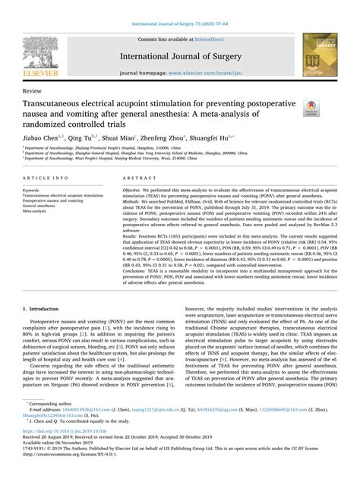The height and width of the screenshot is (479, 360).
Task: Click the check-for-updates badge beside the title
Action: pyautogui.click(x=311, y=106)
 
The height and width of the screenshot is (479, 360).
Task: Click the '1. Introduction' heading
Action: pyautogui.click(x=44, y=331)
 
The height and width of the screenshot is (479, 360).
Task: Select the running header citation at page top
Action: pyautogui.click(x=179, y=6)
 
